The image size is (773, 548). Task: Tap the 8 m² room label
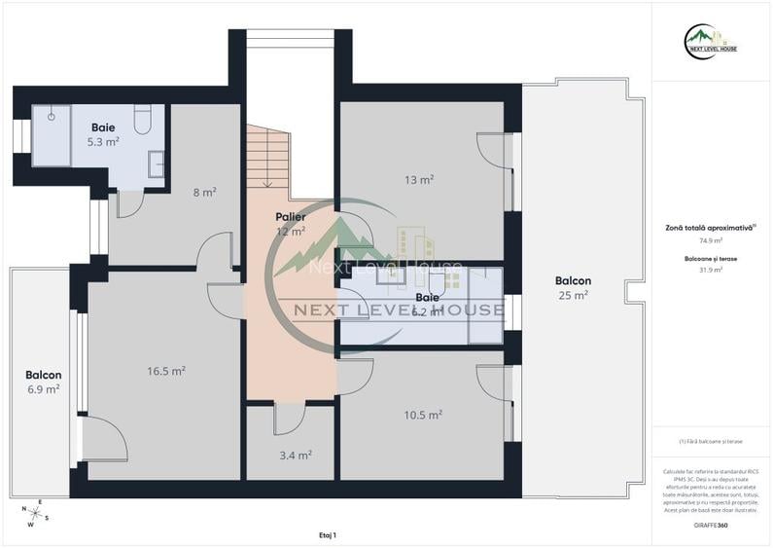(x=204, y=192)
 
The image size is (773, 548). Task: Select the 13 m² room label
(x=419, y=179)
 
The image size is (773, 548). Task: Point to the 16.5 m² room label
(x=166, y=371)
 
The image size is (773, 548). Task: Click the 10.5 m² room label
(x=423, y=415)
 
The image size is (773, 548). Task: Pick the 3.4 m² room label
(x=297, y=455)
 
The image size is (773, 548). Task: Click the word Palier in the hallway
(x=290, y=217)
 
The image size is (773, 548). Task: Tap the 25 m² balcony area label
(x=573, y=295)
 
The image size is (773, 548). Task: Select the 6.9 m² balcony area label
(x=43, y=388)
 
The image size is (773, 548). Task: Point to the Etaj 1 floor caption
(x=327, y=534)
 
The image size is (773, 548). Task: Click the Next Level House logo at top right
(x=710, y=42)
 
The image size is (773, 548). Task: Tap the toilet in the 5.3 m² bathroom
(x=142, y=121)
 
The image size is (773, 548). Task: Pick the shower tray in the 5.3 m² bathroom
(x=51, y=136)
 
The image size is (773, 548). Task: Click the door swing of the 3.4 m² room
(x=289, y=419)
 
